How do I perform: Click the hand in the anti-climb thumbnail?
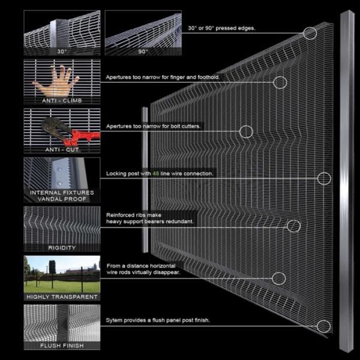[x=56, y=80]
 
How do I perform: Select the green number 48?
[x=156, y=173]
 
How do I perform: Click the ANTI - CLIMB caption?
[x=62, y=100]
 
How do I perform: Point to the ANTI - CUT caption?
[x=62, y=149]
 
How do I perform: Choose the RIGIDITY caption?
[x=62, y=247]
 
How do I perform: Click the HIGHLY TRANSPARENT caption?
[x=62, y=296]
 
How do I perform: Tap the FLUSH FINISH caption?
[x=62, y=346]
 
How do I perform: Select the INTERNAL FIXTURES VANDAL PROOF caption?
[x=62, y=196]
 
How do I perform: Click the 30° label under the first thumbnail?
[x=62, y=52]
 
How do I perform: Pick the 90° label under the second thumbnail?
[x=143, y=52]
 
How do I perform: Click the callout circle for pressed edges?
[x=310, y=33]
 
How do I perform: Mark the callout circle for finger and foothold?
[x=280, y=82]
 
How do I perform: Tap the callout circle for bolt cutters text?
[x=245, y=131]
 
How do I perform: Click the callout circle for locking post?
[x=323, y=178]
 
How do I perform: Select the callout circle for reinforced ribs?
[x=293, y=226]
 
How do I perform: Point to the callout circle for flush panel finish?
[x=323, y=326]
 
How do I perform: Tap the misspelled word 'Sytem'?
[x=115, y=320]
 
